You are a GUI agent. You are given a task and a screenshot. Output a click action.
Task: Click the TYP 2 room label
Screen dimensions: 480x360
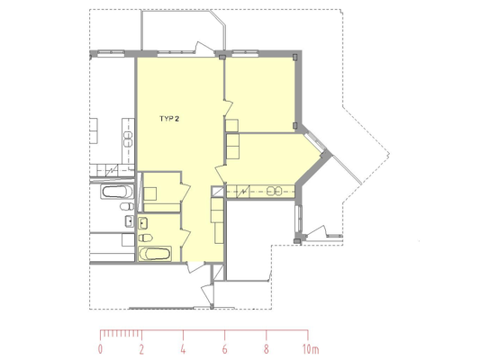click(x=169, y=119)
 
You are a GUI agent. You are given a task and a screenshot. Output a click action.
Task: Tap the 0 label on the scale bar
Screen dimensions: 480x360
click(x=100, y=349)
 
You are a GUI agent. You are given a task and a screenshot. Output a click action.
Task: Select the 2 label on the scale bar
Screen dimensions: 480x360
click(x=141, y=349)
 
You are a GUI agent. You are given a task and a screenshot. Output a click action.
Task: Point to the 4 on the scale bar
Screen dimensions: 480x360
click(x=183, y=349)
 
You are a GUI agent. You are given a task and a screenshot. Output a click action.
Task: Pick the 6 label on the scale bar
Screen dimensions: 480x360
click(x=224, y=349)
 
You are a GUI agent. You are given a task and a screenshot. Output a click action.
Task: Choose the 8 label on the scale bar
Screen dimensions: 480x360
click(x=266, y=349)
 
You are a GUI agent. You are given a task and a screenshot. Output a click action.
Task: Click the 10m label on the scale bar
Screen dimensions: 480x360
click(x=311, y=349)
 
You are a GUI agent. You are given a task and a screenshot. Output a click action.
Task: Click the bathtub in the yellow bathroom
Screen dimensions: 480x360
click(x=155, y=254)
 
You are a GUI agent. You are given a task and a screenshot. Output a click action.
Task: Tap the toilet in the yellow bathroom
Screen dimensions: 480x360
click(x=145, y=238)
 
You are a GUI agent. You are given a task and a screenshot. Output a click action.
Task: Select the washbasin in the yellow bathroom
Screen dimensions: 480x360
click(x=143, y=223)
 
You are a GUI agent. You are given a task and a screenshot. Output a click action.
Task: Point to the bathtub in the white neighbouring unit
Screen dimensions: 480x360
click(x=118, y=192)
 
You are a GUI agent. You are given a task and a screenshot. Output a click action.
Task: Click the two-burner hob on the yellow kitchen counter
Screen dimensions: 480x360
click(x=274, y=192)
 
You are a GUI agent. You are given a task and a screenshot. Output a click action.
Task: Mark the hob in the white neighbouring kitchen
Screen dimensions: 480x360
click(x=128, y=139)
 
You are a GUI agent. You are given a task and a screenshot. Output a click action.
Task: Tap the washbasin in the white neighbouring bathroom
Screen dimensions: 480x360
click(x=130, y=221)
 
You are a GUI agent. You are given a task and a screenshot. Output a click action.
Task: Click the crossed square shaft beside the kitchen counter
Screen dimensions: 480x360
click(x=218, y=192)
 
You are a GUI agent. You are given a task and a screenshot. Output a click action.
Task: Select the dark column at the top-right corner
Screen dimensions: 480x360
click(x=294, y=57)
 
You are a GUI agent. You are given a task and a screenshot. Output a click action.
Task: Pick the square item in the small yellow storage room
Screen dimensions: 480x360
click(x=150, y=193)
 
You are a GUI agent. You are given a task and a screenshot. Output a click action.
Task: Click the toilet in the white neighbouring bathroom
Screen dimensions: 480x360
click(x=127, y=207)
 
